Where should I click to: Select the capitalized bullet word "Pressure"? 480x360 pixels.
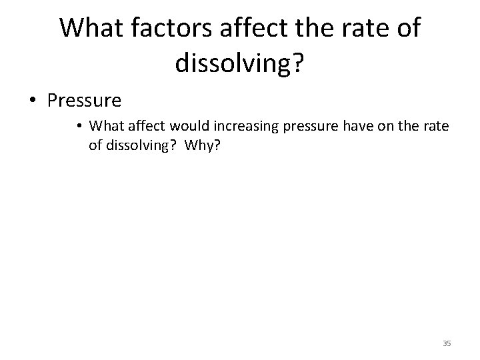85,101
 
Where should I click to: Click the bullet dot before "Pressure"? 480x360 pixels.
33,101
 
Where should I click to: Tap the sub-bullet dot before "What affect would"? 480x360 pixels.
80,125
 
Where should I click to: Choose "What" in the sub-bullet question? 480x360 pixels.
103,125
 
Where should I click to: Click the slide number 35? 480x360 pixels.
447,343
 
